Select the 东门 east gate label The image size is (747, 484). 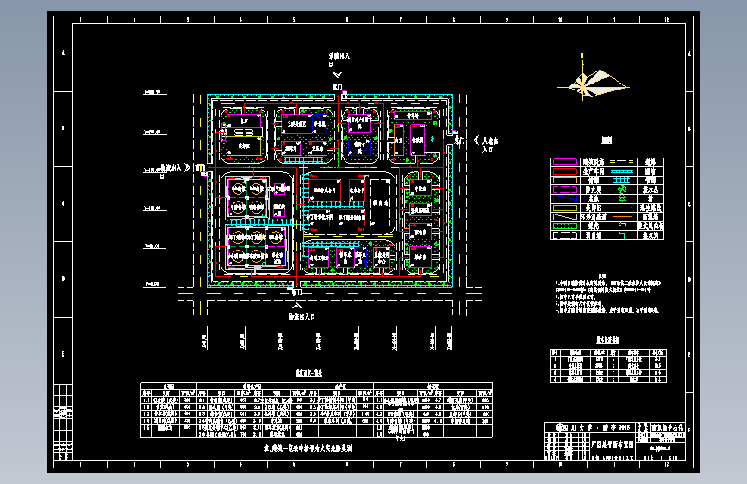pos(459,140)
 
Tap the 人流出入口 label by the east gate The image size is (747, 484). pos(489,144)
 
